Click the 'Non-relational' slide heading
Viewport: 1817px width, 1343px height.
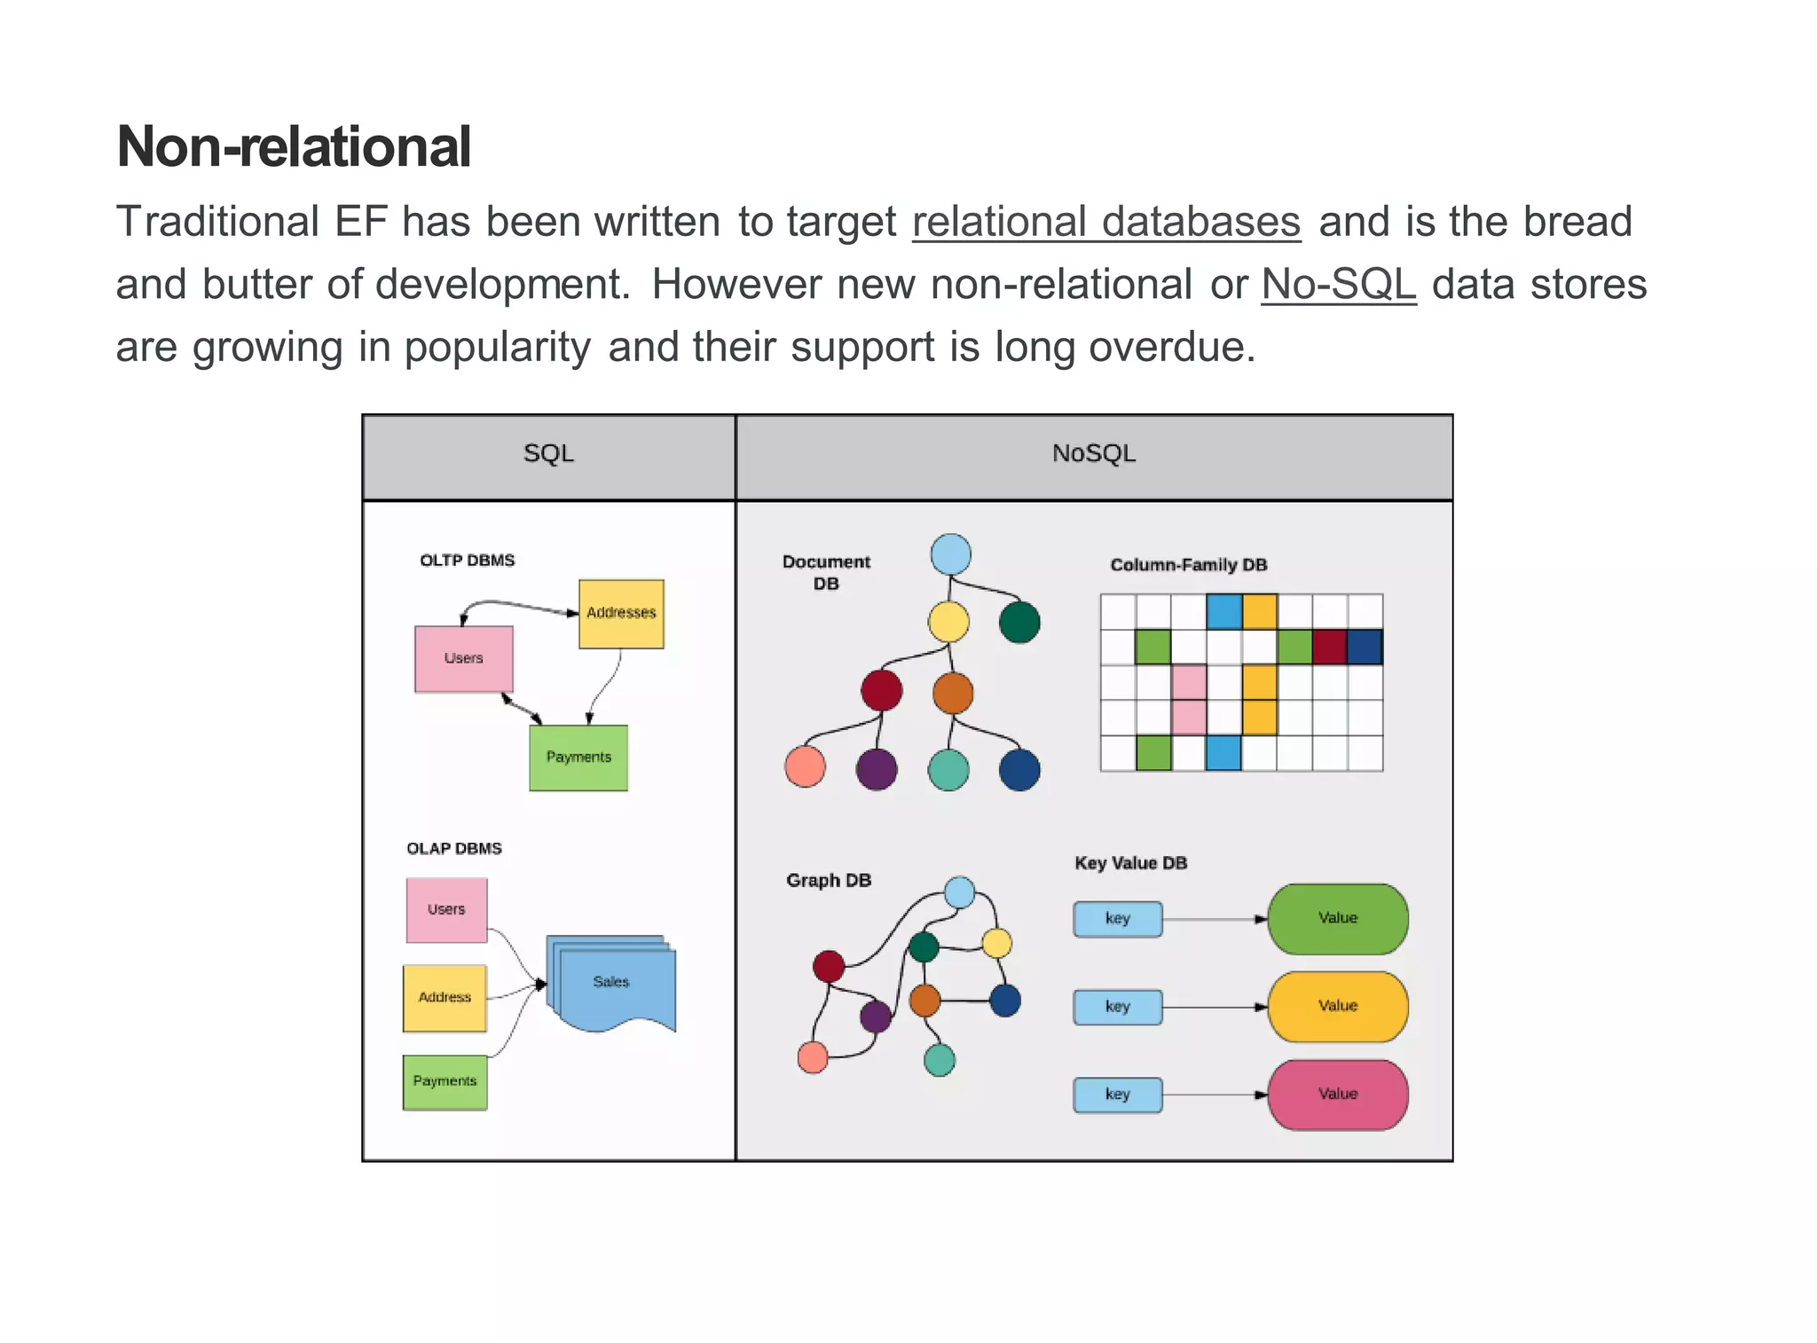pyautogui.click(x=294, y=147)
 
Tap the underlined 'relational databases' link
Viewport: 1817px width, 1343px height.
pyautogui.click(x=1105, y=222)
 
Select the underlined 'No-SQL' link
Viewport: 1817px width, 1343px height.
pyautogui.click(x=1338, y=285)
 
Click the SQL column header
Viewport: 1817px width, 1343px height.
pyautogui.click(x=548, y=454)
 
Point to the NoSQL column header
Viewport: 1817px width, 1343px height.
pyautogui.click(x=1093, y=454)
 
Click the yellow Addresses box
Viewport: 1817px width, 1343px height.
pyautogui.click(x=621, y=614)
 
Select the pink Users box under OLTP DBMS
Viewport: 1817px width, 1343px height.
pyautogui.click(x=463, y=658)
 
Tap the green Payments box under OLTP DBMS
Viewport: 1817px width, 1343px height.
pyautogui.click(x=578, y=758)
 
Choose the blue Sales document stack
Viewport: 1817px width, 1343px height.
pyautogui.click(x=611, y=982)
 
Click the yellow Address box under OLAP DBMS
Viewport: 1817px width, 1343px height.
pyautogui.click(x=444, y=998)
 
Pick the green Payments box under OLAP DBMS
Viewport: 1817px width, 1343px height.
pyautogui.click(x=444, y=1081)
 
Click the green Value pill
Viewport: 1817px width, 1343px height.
pyautogui.click(x=1337, y=918)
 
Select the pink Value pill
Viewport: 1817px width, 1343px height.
pyautogui.click(x=1337, y=1094)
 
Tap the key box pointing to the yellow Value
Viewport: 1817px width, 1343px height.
pyautogui.click(x=1117, y=1007)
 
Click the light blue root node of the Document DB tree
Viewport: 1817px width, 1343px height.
pyautogui.click(x=950, y=554)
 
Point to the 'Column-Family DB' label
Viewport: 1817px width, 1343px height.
pyautogui.click(x=1188, y=565)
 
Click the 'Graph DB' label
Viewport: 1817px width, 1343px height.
pyautogui.click(x=829, y=881)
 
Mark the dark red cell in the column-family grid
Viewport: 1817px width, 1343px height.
pyautogui.click(x=1329, y=647)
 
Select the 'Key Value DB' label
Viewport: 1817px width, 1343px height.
pyautogui.click(x=1130, y=863)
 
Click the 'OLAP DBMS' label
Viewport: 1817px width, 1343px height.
pyautogui.click(x=453, y=849)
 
